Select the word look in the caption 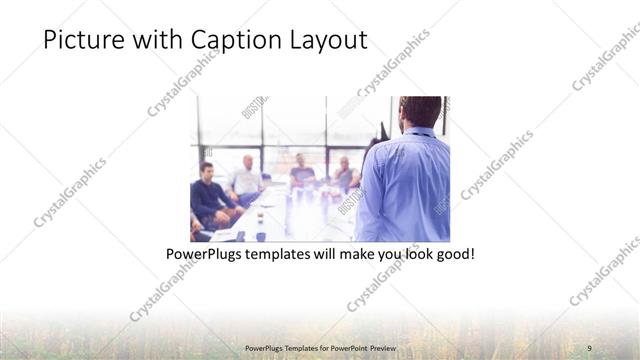416,255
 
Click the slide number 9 589,347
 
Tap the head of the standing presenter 419,112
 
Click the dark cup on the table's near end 260,236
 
